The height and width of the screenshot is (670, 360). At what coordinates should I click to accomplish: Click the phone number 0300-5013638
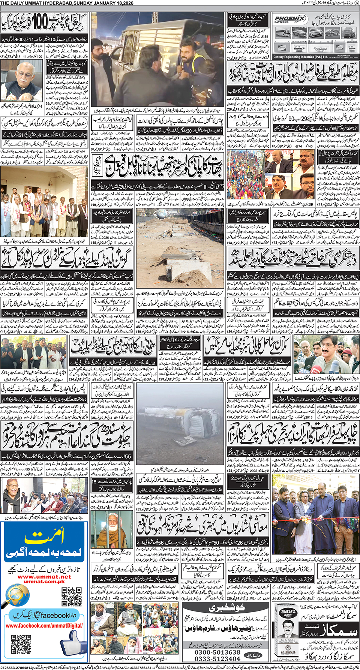[217, 652]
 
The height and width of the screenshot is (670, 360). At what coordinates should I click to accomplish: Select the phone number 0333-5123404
[217, 659]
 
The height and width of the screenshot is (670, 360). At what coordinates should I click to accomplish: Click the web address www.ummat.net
[44, 577]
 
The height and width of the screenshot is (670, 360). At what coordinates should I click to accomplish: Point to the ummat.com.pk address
[44, 582]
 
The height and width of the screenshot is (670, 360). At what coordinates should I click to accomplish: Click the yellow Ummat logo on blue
[44, 537]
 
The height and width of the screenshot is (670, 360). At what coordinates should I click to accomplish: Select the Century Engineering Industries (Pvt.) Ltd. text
[300, 57]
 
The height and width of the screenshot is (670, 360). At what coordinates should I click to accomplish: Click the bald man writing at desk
[22, 84]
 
